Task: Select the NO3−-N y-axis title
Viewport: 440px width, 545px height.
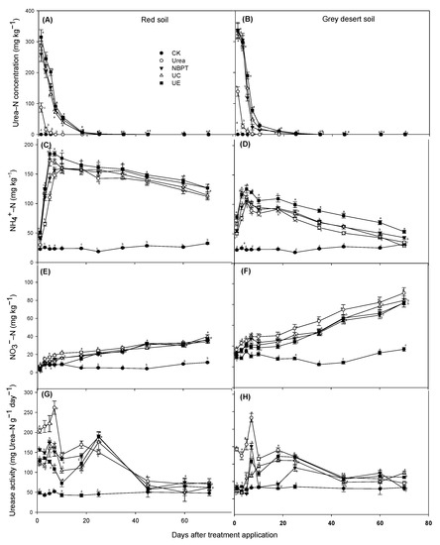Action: tap(8, 327)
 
